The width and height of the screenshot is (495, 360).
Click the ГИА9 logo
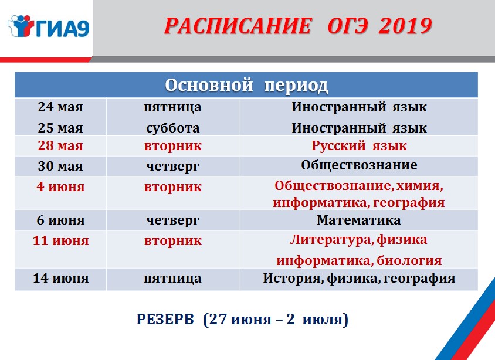pyautogui.click(x=48, y=27)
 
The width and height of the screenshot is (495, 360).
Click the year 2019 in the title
pyautogui.click(x=405, y=26)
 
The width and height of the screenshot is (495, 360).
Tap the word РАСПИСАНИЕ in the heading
pyautogui.click(x=238, y=26)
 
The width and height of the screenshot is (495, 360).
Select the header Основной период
pyautogui.click(x=246, y=85)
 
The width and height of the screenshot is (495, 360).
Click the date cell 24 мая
pyautogui.click(x=60, y=107)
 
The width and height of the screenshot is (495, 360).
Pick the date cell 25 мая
pyautogui.click(x=60, y=128)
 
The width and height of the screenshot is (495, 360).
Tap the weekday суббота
pyautogui.click(x=172, y=128)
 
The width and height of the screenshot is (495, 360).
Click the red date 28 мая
pyautogui.click(x=60, y=145)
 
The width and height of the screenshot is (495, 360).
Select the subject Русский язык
pyautogui.click(x=359, y=146)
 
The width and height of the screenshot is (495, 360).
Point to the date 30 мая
pyautogui.click(x=60, y=166)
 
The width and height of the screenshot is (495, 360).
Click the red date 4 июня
pyautogui.click(x=60, y=186)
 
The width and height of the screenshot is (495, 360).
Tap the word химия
pyautogui.click(x=419, y=186)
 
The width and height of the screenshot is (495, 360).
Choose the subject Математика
pyautogui.click(x=359, y=220)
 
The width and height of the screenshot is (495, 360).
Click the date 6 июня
pyautogui.click(x=60, y=220)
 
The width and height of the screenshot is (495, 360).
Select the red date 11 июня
pyautogui.click(x=60, y=241)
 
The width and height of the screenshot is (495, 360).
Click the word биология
pyautogui.click(x=409, y=260)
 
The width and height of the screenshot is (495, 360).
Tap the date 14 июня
pyautogui.click(x=60, y=279)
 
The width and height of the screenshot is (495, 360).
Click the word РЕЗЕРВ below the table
pyautogui.click(x=165, y=320)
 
